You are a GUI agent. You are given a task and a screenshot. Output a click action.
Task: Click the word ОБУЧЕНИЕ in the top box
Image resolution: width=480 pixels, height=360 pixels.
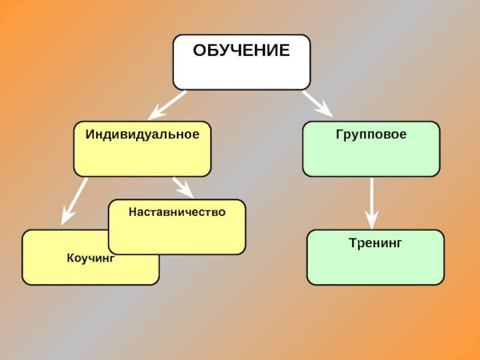pos(241,50)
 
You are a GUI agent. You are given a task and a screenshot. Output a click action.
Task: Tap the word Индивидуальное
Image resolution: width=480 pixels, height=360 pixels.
pos(142,134)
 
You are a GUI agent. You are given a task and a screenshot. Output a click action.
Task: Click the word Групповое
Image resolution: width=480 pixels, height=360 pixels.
pos(371,134)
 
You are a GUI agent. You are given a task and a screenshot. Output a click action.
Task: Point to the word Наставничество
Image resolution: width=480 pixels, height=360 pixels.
pos(177,212)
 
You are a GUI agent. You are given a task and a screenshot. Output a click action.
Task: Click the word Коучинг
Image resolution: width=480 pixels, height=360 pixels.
pos(91,259)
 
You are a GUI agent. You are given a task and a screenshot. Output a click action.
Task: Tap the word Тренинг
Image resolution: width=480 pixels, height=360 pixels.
pos(375,243)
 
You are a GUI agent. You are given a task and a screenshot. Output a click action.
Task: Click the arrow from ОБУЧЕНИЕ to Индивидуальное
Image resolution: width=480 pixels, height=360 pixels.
pos(168,104)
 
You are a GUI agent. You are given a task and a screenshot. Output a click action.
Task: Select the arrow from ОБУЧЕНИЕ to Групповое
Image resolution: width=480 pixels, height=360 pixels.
pos(317,103)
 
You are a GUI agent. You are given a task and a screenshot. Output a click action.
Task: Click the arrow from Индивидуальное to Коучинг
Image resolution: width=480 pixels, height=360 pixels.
pos(75,200)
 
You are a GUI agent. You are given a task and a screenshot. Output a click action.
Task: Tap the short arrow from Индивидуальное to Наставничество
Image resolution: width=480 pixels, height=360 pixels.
pos(182,187)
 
